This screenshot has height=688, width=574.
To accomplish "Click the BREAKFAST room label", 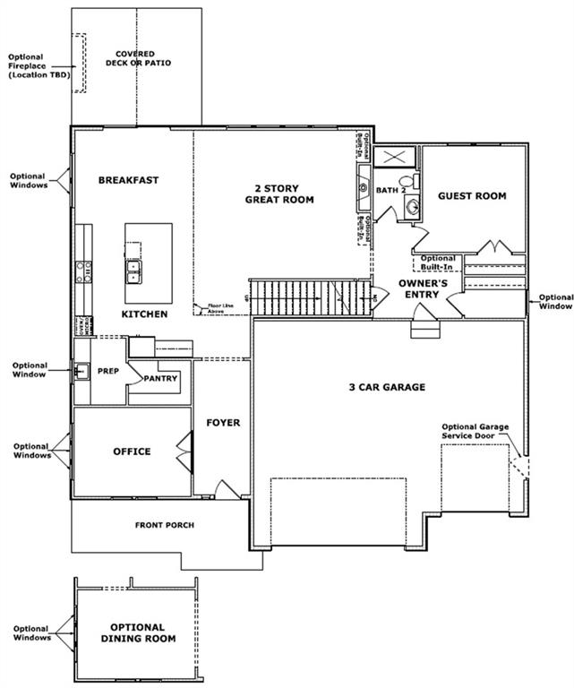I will coord(128,180).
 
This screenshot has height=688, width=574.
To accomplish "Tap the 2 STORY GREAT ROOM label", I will coord(279,194).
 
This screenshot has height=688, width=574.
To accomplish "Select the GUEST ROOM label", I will coord(472,196).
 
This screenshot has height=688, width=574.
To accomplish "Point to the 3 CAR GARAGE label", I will coord(387,388).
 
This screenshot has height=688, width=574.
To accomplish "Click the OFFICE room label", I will coord(132,451).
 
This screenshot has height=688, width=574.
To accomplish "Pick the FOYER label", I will coord(223,423).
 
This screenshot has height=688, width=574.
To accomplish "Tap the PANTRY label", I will coord(161,378).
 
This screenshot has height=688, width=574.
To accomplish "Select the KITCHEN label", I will coord(145,314).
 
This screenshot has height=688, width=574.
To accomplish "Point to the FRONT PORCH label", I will coord(165,525).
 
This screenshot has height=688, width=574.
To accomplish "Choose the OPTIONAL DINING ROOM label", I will coord(137,632).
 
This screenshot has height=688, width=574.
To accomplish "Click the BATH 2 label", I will coord(391,191).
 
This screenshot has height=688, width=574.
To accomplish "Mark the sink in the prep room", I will coord(81,370).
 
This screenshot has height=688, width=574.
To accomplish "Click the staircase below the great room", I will coord(309,297).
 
